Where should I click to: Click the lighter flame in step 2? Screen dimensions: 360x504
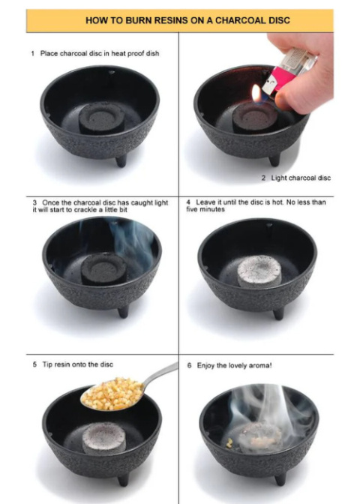coord(256,93)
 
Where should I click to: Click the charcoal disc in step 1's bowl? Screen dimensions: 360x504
coord(102,118)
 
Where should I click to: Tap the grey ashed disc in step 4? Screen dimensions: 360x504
coord(259,271)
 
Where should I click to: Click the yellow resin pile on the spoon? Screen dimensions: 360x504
coord(112,394)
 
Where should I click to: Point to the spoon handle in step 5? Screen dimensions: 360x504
coord(160,373)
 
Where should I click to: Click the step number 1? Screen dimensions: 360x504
coord(33,54)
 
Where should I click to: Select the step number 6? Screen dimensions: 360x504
coord(189,366)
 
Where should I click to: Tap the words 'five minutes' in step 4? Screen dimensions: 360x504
coord(205,209)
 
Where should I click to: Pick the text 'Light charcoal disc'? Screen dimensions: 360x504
coord(301,178)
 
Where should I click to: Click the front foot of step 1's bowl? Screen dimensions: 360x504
coord(121,161)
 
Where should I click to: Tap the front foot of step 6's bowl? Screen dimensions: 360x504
coord(280,479)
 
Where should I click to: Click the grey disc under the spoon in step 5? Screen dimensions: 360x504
coord(103,438)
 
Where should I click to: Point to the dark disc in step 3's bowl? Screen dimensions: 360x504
coord(103,268)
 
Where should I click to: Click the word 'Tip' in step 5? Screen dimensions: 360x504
coord(47,364)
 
